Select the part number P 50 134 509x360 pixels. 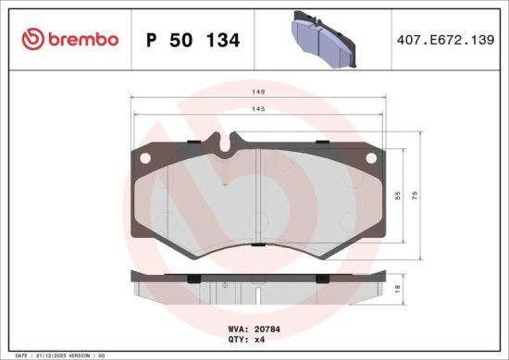[193, 41]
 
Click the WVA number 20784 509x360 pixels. [261, 327]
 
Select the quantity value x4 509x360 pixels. [259, 339]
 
